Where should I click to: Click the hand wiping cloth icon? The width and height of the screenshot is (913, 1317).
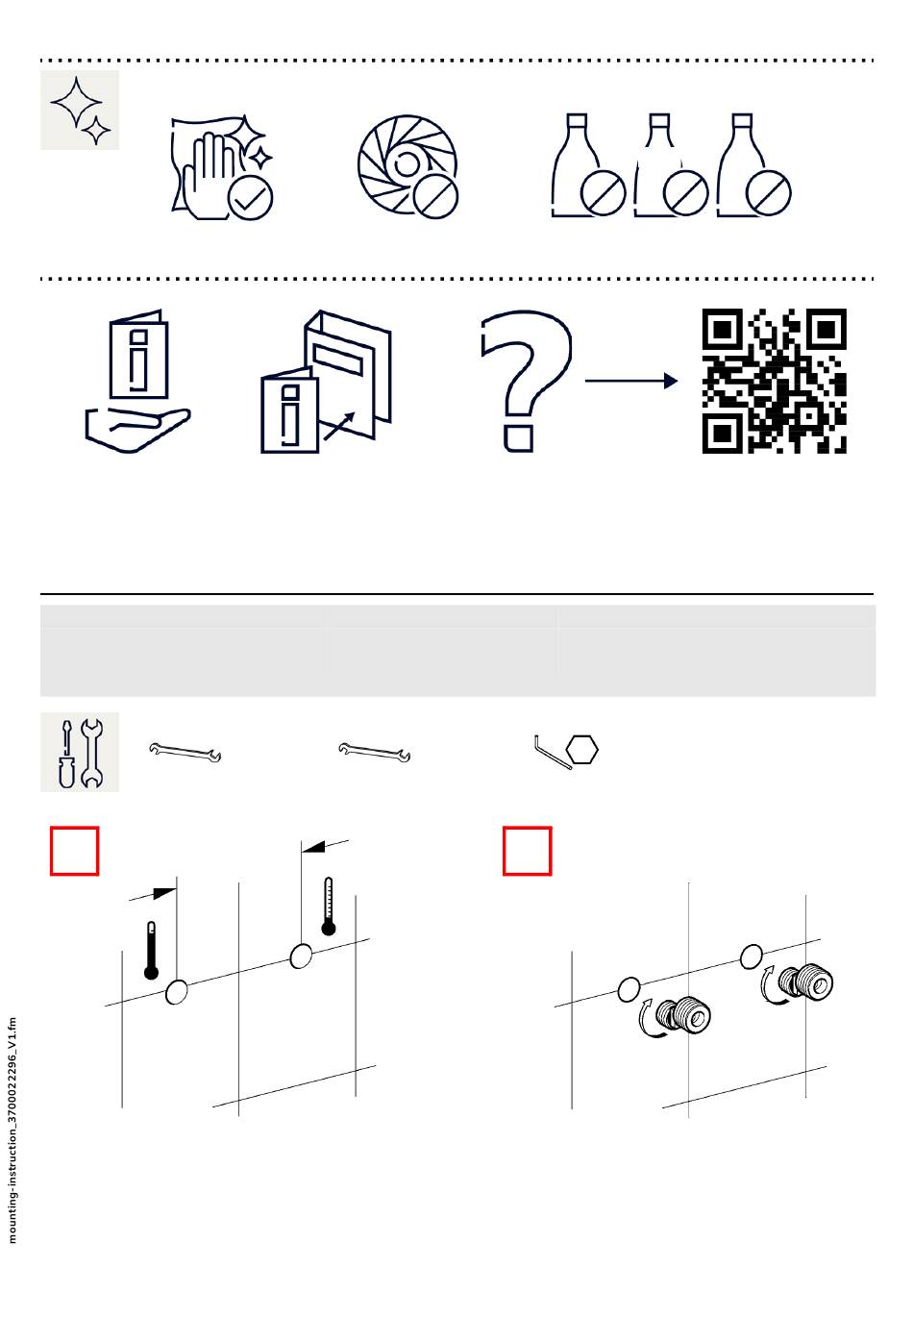pyautogui.click(x=222, y=167)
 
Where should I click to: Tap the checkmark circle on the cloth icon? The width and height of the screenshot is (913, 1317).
pyautogui.click(x=250, y=199)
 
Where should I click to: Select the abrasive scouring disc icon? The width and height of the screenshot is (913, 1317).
pyautogui.click(x=407, y=166)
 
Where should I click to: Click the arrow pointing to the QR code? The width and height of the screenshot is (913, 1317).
pyautogui.click(x=630, y=381)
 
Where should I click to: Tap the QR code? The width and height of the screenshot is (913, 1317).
pyautogui.click(x=775, y=381)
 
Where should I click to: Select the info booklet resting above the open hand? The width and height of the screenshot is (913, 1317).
pyautogui.click(x=138, y=355)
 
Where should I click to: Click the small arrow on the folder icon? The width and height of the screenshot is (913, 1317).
pyautogui.click(x=339, y=426)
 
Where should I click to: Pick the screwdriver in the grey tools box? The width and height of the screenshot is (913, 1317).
pyautogui.click(x=67, y=753)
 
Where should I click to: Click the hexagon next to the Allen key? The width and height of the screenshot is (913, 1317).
pyautogui.click(x=582, y=750)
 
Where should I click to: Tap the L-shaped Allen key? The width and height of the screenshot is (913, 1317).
pyautogui.click(x=552, y=752)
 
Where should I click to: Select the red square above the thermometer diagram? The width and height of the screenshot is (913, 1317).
pyautogui.click(x=75, y=851)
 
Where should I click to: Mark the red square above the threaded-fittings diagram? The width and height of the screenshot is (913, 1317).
pyautogui.click(x=528, y=851)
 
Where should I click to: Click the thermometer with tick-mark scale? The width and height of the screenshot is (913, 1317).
pyautogui.click(x=329, y=906)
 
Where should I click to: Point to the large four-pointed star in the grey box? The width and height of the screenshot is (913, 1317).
pyautogui.click(x=76, y=102)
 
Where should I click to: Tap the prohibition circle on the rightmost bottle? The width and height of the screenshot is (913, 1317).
pyautogui.click(x=769, y=193)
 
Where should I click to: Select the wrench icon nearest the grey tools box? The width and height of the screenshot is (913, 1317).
pyautogui.click(x=185, y=753)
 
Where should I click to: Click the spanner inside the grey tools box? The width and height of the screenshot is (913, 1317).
pyautogui.click(x=91, y=753)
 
